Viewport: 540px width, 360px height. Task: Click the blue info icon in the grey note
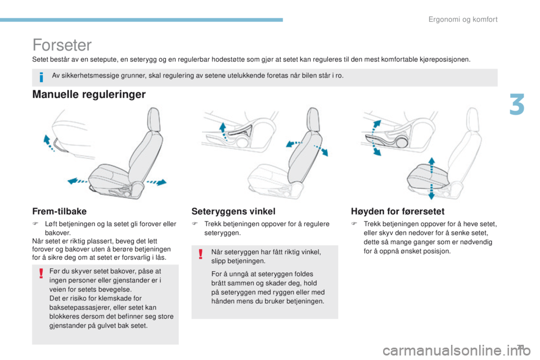pos(42,76)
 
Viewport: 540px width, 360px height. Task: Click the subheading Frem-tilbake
pos(59,211)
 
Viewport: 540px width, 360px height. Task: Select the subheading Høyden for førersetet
pos(397,211)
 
